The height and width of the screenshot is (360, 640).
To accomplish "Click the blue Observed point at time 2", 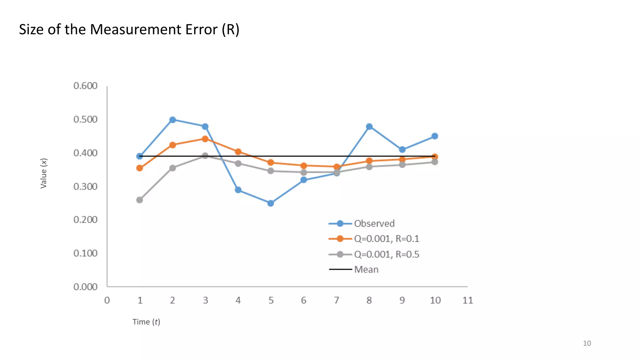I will pyautogui.click(x=172, y=120).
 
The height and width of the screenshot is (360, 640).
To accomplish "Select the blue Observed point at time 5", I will pyautogui.click(x=271, y=203).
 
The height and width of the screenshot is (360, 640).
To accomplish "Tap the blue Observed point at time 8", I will pyautogui.click(x=369, y=127).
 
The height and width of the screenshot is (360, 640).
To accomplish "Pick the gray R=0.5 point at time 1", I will pyautogui.click(x=140, y=200).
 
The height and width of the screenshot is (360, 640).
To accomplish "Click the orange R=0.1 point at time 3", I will pyautogui.click(x=205, y=139).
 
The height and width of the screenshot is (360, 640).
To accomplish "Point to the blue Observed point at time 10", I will pyautogui.click(x=435, y=136).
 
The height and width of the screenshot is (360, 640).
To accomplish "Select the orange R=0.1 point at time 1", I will pyautogui.click(x=140, y=168).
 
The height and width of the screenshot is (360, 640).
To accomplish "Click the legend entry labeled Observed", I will pyautogui.click(x=374, y=223).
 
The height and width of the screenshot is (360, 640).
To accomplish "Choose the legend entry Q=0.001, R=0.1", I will pyautogui.click(x=386, y=239).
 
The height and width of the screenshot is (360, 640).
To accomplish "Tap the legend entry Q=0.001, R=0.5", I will pyautogui.click(x=386, y=254).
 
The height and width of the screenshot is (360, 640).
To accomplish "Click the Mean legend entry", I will pyautogui.click(x=366, y=269).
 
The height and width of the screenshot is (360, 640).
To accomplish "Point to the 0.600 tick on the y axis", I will pyautogui.click(x=85, y=86).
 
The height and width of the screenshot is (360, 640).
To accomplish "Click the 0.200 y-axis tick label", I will pyautogui.click(x=85, y=220).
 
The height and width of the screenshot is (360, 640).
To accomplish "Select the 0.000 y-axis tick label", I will pyautogui.click(x=85, y=287).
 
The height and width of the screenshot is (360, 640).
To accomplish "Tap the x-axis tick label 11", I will pyautogui.click(x=467, y=300).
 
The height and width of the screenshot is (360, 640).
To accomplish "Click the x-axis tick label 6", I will pyautogui.click(x=303, y=300).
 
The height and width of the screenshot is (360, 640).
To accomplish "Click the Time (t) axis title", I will pyautogui.click(x=146, y=322).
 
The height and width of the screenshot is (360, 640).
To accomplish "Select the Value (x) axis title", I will pyautogui.click(x=44, y=173).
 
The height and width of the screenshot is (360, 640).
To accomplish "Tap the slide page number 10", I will pyautogui.click(x=587, y=343).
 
